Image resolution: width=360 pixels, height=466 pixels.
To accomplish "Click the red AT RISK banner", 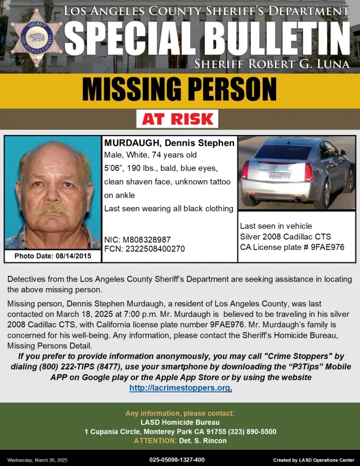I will pos(177,119).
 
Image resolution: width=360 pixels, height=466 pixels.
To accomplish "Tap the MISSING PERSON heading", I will pos(179,89).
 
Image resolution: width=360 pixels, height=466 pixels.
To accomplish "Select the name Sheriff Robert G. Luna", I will pos(272,64).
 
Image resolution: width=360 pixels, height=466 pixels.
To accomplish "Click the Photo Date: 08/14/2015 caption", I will pos(52,256).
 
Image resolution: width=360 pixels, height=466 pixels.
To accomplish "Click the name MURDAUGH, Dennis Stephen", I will pos(169,144).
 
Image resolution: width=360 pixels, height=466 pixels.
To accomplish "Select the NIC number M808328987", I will pos(146,240).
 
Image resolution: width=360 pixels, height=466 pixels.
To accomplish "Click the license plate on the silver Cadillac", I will pos(274,176).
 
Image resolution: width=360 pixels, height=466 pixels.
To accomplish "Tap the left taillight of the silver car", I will pos(246,170).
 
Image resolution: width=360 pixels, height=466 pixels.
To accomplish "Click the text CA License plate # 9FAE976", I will pos(292,247).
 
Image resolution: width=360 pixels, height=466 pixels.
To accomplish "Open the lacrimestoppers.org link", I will pos(180,388).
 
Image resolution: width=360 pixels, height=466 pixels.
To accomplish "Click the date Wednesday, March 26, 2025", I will pos(37,460).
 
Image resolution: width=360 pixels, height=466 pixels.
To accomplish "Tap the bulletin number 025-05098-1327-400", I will pos(177,460).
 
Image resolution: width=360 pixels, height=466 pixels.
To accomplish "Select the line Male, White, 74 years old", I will pos(150,156).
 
